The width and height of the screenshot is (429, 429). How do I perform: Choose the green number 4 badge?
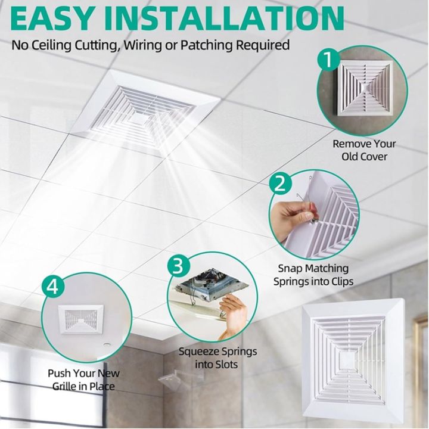pos(53,287)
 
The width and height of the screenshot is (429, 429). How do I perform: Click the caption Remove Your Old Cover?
pos(364,150)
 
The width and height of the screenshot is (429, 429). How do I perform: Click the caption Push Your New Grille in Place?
pos(83,380)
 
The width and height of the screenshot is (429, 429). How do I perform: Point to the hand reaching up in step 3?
pos(232,316)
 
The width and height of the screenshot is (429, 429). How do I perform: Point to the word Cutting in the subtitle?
pos(95,45)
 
